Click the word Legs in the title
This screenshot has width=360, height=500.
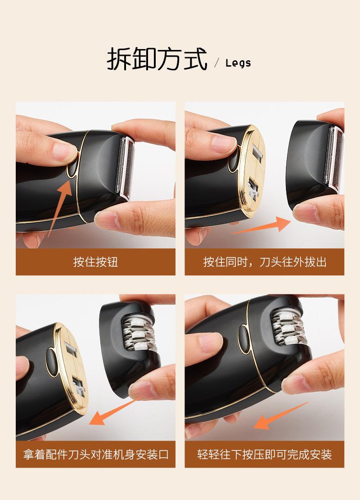pyautogui.click(x=238, y=63)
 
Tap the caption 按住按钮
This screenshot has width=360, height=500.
pyautogui.click(x=96, y=262)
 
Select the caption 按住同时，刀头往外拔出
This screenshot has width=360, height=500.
pyautogui.click(x=265, y=262)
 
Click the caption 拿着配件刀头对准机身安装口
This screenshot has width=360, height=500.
pyautogui.click(x=96, y=454)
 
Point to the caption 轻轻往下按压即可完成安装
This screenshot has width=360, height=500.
pyautogui.click(x=265, y=454)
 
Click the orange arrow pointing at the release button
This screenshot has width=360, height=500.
pyautogui.click(x=60, y=207)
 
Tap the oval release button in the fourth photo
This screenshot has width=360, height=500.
pyautogui.click(x=244, y=339)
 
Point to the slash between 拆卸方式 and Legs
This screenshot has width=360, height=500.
pyautogui.click(x=217, y=63)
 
